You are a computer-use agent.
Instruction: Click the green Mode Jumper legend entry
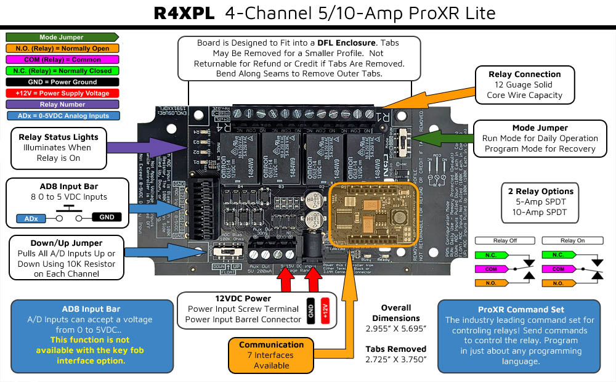61,37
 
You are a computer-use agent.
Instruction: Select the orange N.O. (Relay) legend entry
61,48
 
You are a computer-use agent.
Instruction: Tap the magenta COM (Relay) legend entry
61,60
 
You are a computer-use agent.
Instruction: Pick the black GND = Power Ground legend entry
61,82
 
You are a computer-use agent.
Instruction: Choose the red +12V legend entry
61,93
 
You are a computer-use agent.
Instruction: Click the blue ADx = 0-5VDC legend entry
61,115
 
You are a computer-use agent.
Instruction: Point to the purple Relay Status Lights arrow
148,148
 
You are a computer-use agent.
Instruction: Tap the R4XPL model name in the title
185,14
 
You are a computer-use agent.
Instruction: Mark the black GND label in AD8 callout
106,217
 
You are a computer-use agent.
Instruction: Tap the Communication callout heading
271,344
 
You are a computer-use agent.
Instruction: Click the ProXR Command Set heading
519,309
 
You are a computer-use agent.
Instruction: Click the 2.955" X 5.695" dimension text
395,328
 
